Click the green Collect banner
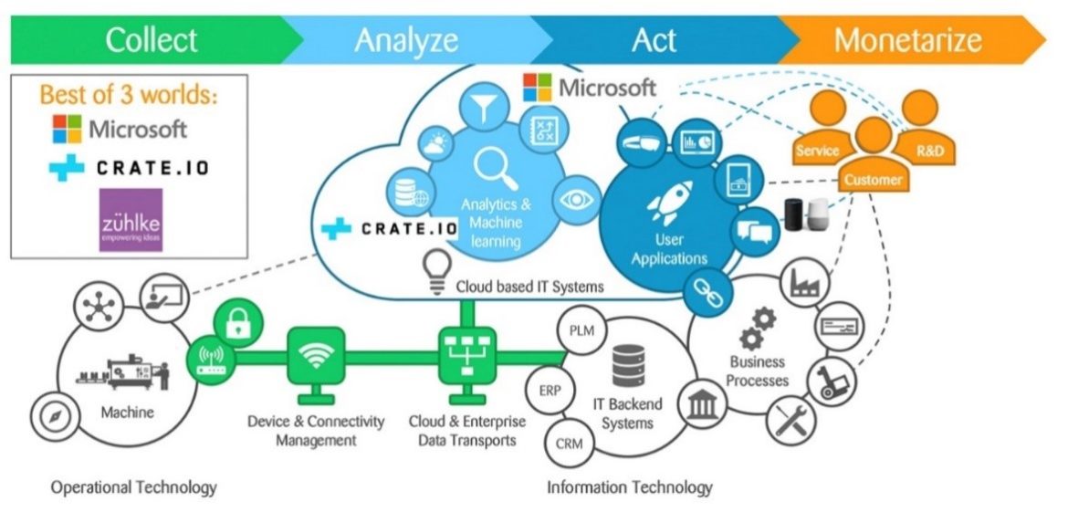pos(151,40)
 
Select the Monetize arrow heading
pos(907,40)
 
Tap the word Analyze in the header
pos(406,40)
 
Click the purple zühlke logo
pos(131,220)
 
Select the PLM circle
pos(581,330)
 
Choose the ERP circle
pos(550,391)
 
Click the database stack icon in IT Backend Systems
pos(629,364)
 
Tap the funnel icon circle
pos(480,106)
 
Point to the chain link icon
pos(707,293)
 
